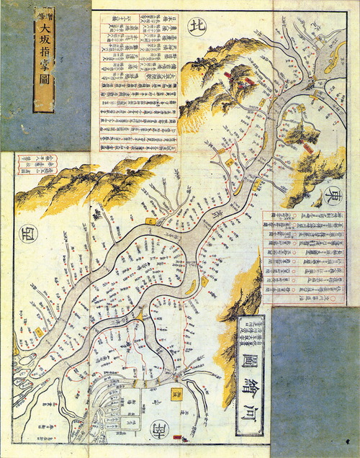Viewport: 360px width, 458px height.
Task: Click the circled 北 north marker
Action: point(197,27)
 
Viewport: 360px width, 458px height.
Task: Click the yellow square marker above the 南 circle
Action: point(176,394)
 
